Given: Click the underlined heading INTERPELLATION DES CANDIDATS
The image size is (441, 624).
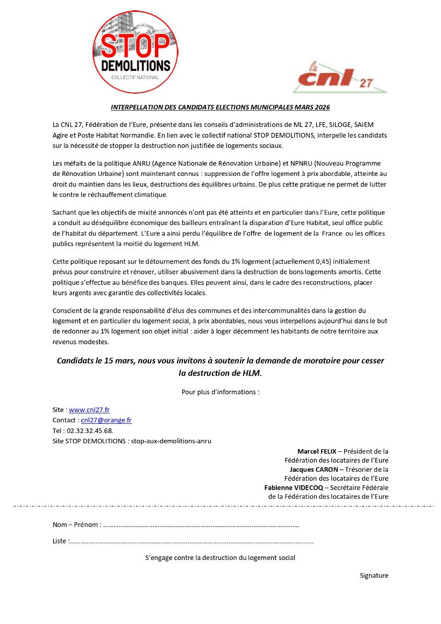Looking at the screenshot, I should (220, 107).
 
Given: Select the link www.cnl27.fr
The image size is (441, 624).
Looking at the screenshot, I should (89, 410).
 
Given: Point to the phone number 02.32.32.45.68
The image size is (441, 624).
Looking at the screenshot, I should (90, 431).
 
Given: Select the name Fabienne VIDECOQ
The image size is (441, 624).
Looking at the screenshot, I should (293, 487).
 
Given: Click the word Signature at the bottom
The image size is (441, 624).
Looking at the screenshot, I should (374, 576).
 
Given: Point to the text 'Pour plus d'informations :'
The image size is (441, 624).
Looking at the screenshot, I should (220, 392).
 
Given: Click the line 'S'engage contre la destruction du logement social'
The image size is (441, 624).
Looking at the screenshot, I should (220, 558).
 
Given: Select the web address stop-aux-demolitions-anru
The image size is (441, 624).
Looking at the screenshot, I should (172, 441).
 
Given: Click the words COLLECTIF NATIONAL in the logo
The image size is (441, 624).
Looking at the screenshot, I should (135, 77).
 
